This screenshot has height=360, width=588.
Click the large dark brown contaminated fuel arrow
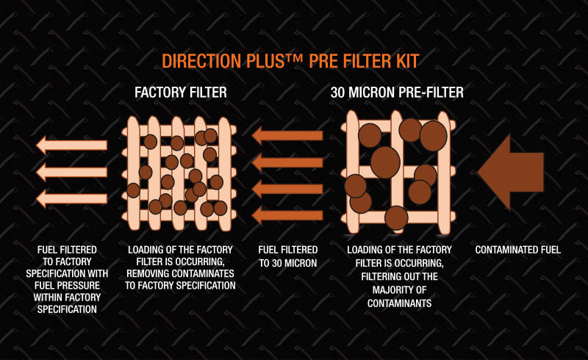pos(511,172)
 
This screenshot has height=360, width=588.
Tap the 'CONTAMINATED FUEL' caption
pos(518,250)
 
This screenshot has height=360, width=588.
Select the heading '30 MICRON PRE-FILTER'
pos(397,93)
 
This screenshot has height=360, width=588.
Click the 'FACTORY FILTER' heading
pos(181,93)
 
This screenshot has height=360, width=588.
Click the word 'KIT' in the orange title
pos(407,61)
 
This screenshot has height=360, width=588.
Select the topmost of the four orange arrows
pos(287,135)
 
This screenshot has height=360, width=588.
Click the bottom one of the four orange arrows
pos(287,215)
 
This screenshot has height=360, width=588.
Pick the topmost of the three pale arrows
pos(72,145)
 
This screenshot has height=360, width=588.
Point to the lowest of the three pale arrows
pos(72,198)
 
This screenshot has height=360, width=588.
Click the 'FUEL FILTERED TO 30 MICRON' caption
pos(288,256)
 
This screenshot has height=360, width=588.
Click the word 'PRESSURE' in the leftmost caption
pos(81,286)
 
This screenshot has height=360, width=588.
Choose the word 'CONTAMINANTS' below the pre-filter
pos(399,303)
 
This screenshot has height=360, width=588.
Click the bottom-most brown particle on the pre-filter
pos(396,218)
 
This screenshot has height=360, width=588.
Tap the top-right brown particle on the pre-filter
pos(434,136)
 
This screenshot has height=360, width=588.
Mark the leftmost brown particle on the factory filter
pos(133,190)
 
